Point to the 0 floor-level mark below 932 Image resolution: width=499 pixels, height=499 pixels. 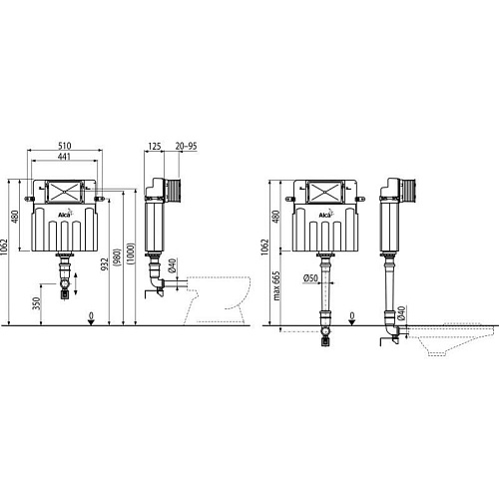[91, 316]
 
